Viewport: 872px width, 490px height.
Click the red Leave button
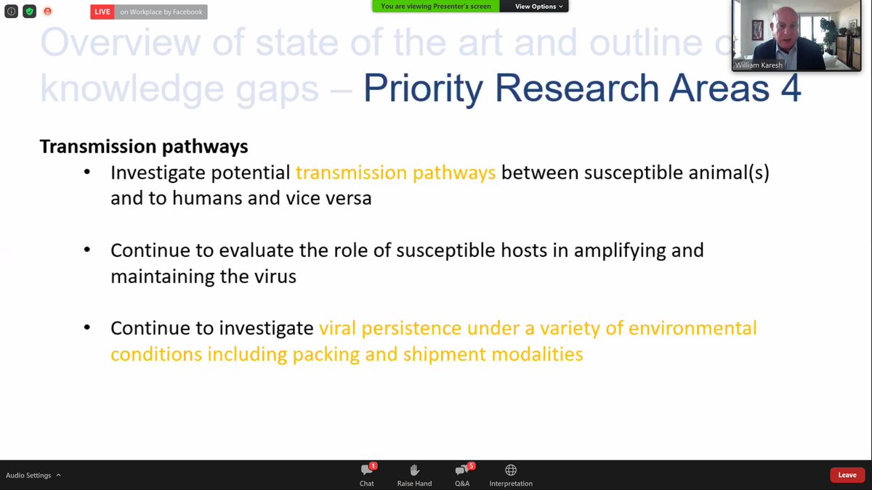click(847, 475)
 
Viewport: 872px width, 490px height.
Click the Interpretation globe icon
click(511, 470)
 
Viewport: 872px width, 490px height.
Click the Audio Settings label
click(28, 475)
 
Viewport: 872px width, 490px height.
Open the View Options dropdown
click(538, 7)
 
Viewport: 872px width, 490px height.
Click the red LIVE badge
click(102, 12)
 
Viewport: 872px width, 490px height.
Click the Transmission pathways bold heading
click(144, 147)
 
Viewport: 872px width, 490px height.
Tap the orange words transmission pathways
click(395, 173)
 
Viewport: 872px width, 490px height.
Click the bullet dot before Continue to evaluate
click(87, 250)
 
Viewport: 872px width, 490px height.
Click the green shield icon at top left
click(29, 12)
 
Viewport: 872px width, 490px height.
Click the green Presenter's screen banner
click(436, 7)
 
